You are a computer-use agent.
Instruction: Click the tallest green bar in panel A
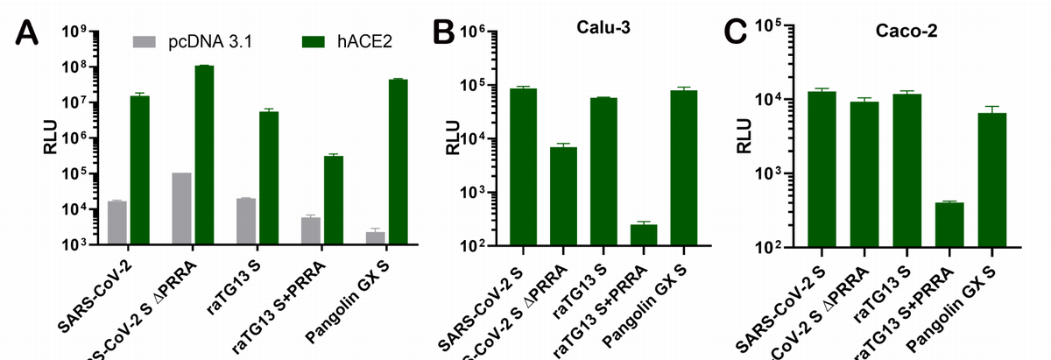point(204,155)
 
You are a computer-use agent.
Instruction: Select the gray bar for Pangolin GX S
point(376,238)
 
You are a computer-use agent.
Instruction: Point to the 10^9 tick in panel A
point(75,32)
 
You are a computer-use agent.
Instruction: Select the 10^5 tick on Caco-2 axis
point(767,25)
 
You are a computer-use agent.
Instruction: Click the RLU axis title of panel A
point(51,139)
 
